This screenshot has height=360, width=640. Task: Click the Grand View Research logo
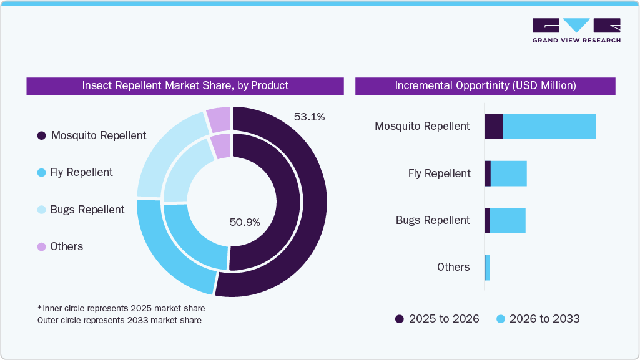coord(576,30)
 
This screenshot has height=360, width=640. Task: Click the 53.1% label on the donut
coord(309,117)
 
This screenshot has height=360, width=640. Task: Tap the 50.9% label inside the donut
coord(245,222)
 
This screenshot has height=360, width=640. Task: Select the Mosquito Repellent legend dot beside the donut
coord(41,135)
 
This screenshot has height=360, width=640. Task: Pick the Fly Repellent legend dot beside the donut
coord(41,172)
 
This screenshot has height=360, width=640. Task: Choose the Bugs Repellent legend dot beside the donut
coord(41,210)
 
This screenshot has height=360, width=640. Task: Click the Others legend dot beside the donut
coord(41,246)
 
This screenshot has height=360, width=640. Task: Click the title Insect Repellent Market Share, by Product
coord(185,85)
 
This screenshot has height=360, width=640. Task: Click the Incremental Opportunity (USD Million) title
coord(485,85)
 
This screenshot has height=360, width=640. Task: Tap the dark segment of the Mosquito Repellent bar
coord(493,127)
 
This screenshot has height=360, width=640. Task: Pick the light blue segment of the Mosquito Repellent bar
coord(549,127)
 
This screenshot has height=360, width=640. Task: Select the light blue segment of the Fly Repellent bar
coord(509,173)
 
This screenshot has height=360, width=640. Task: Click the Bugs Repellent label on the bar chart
coord(432,220)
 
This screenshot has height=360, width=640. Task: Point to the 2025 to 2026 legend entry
coord(437,319)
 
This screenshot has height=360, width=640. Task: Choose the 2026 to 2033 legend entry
coord(538,319)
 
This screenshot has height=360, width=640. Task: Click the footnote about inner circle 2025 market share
coord(121,308)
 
